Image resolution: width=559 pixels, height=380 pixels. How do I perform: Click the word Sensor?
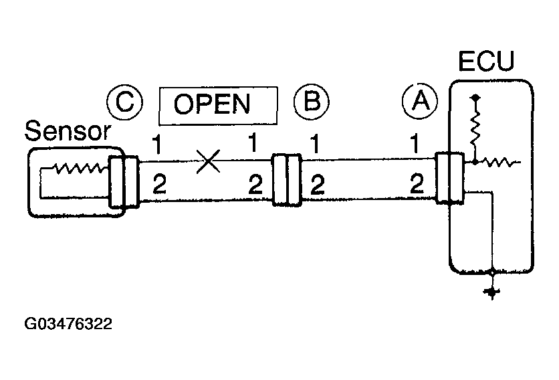66,132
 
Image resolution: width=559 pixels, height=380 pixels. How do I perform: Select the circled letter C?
124,103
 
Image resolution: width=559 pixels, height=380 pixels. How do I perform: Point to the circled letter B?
312,103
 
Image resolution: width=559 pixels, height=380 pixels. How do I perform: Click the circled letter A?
420,103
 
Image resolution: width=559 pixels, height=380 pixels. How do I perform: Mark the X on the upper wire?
209,160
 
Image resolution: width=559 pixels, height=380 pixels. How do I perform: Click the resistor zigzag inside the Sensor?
78,170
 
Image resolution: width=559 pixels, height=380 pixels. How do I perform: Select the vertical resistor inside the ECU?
475,129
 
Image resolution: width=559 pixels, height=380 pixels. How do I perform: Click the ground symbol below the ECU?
493,292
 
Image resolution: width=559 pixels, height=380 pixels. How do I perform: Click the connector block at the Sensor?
124,183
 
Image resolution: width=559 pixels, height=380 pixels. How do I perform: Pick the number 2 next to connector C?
158,184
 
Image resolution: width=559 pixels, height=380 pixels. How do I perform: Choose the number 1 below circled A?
416,145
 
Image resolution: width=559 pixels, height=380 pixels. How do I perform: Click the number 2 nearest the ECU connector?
417,183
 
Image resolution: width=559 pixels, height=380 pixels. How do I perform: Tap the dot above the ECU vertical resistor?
475,98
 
